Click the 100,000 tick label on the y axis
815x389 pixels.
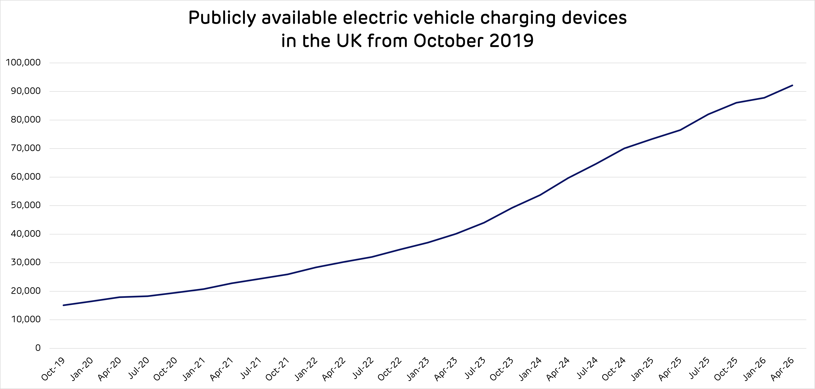[x=23, y=63]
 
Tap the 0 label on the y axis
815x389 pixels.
[x=38, y=348]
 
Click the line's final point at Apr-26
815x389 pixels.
[x=792, y=85]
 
